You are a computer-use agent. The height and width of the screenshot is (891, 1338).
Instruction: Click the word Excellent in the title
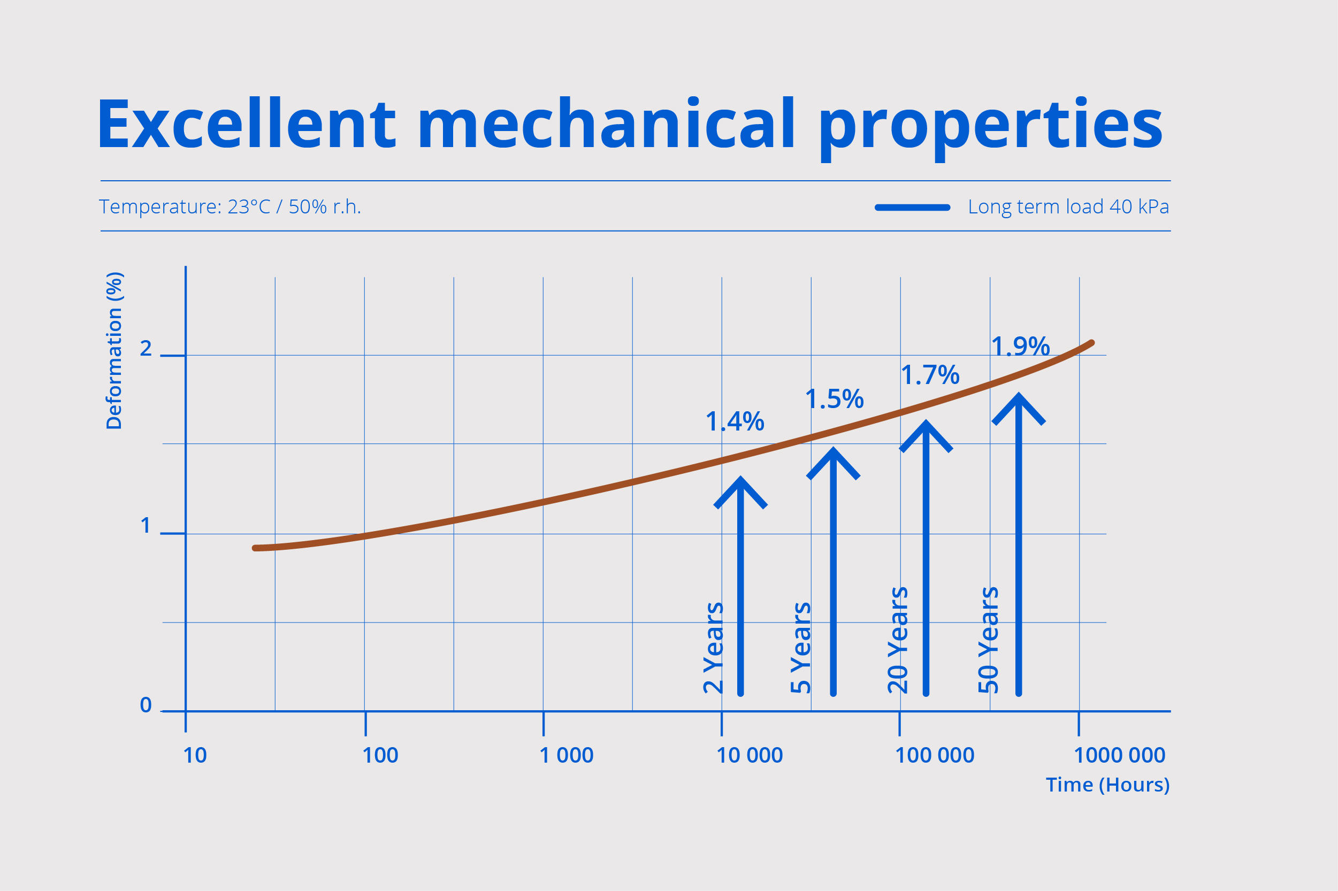pyautogui.click(x=246, y=124)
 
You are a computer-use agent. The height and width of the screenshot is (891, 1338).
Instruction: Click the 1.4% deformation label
pyautogui.click(x=735, y=421)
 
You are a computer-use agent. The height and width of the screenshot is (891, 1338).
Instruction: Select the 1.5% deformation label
pyautogui.click(x=835, y=399)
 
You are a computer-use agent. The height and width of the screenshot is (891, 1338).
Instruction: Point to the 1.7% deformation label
pyautogui.click(x=930, y=375)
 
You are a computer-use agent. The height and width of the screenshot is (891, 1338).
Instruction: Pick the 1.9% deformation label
pyautogui.click(x=1020, y=346)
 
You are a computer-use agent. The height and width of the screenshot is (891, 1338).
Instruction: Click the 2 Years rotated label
pyautogui.click(x=713, y=648)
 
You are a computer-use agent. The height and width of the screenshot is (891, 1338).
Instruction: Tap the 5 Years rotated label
pyautogui.click(x=800, y=648)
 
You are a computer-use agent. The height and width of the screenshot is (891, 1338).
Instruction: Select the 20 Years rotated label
pyautogui.click(x=898, y=640)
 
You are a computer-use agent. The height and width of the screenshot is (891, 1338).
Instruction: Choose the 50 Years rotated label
pyautogui.click(x=988, y=640)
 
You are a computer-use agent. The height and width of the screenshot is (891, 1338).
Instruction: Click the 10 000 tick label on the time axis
pyautogui.click(x=750, y=755)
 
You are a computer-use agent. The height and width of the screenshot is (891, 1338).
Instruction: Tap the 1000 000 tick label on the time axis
pyautogui.click(x=1119, y=755)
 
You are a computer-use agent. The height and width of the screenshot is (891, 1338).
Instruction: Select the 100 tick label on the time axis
pyautogui.click(x=380, y=755)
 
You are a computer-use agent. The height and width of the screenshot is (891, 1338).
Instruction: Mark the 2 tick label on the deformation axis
pyautogui.click(x=146, y=348)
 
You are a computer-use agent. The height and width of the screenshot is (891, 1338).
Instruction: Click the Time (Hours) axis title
pyautogui.click(x=1107, y=785)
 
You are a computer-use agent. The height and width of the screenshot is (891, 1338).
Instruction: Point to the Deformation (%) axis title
pyautogui.click(x=114, y=351)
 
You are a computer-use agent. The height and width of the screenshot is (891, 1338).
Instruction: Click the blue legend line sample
pyautogui.click(x=912, y=208)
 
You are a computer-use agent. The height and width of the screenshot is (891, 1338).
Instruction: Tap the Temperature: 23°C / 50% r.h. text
pyautogui.click(x=230, y=207)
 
